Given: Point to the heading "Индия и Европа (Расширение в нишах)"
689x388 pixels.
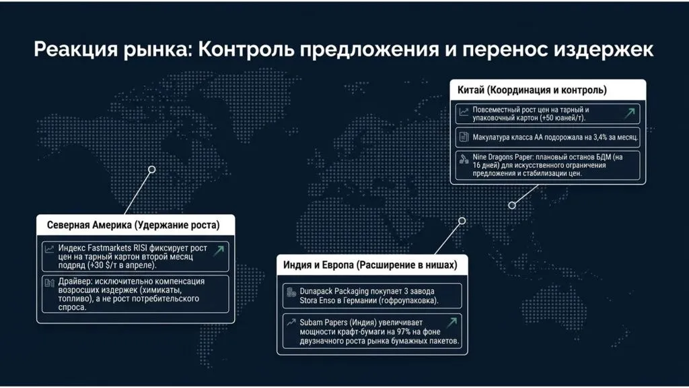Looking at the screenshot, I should click(x=370, y=265).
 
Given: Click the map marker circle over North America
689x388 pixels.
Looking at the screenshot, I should click(x=152, y=170).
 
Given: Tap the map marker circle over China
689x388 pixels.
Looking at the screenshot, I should click(x=512, y=205).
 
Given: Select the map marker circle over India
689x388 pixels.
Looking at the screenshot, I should click(x=462, y=220).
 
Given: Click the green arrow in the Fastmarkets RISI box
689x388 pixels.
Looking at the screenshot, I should click(x=218, y=251).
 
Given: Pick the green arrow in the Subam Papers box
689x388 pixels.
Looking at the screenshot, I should click(x=452, y=323).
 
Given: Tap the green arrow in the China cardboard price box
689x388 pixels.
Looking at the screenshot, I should click(x=629, y=112).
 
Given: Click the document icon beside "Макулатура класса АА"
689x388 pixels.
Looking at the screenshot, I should click(x=464, y=137).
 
